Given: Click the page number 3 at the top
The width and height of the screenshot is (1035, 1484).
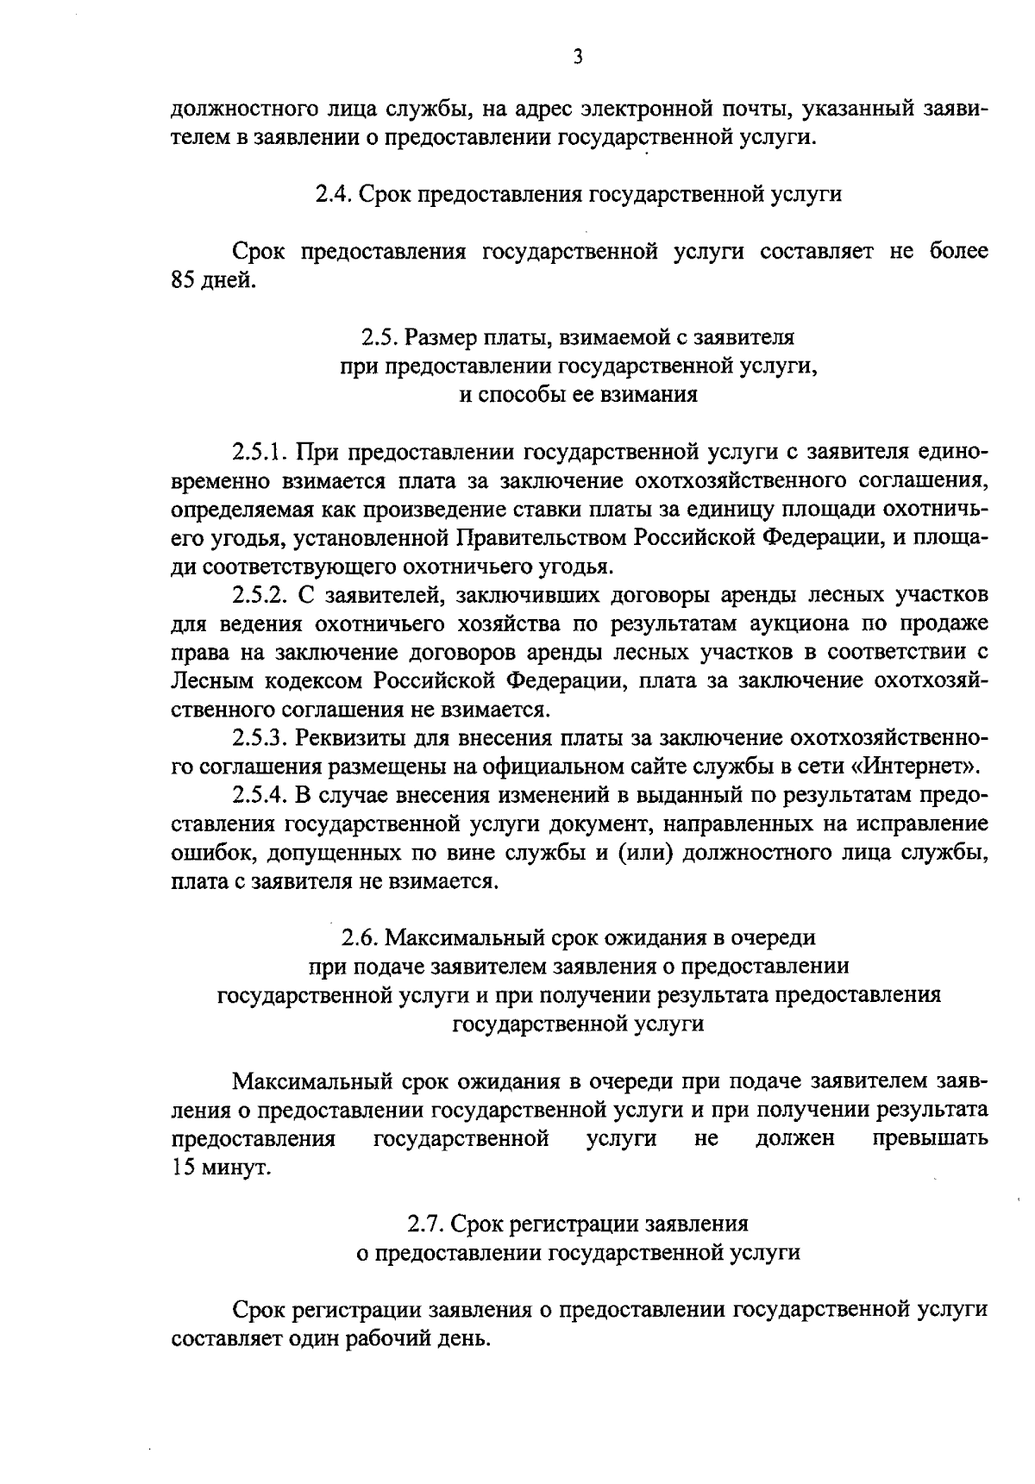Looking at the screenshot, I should click(578, 58).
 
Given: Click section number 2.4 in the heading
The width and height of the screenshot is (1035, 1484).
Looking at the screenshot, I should click(331, 194).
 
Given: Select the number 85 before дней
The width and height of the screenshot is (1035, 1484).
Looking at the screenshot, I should click(185, 280).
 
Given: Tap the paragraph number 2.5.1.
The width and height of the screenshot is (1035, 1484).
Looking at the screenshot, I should click(259, 452).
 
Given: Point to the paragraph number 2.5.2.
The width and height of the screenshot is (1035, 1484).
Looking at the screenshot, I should click(259, 595).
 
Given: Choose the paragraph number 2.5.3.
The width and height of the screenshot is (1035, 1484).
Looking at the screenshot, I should click(259, 738).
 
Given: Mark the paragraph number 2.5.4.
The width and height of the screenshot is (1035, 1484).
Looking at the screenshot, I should click(259, 795).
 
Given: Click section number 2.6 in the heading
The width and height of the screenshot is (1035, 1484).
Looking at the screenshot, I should click(358, 937).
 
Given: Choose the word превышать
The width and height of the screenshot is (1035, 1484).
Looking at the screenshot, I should click(930, 1139).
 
